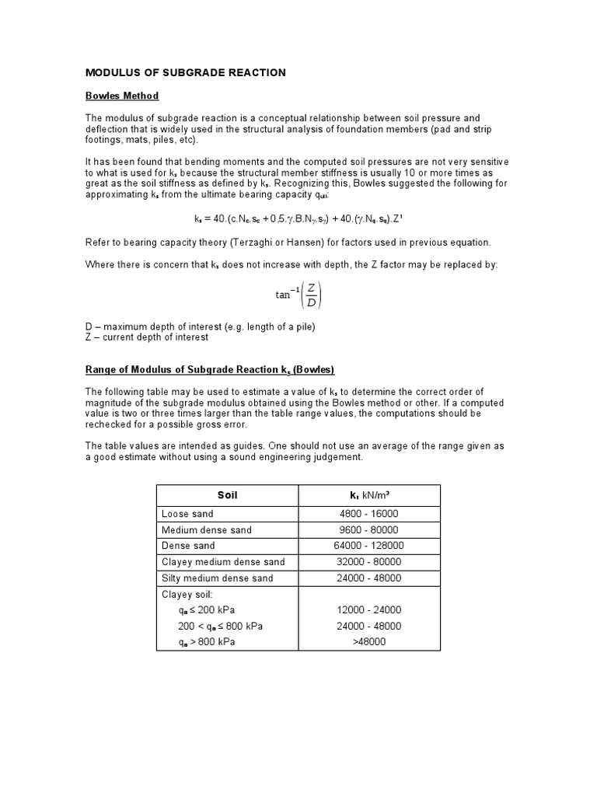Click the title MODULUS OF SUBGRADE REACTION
pyautogui.click(x=185, y=73)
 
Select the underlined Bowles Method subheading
pyautogui.click(x=121, y=96)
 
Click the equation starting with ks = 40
pyautogui.click(x=298, y=218)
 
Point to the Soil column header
pyautogui.click(x=228, y=495)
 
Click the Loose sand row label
pyautogui.click(x=187, y=514)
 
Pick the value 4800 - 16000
pyautogui.click(x=369, y=514)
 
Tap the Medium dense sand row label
pyautogui.click(x=206, y=530)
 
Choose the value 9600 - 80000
pyautogui.click(x=369, y=530)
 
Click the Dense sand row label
pyautogui.click(x=188, y=546)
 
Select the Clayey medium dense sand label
pyautogui.click(x=223, y=562)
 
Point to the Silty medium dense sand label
pyautogui.click(x=217, y=578)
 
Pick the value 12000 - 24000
pyautogui.click(x=369, y=610)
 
